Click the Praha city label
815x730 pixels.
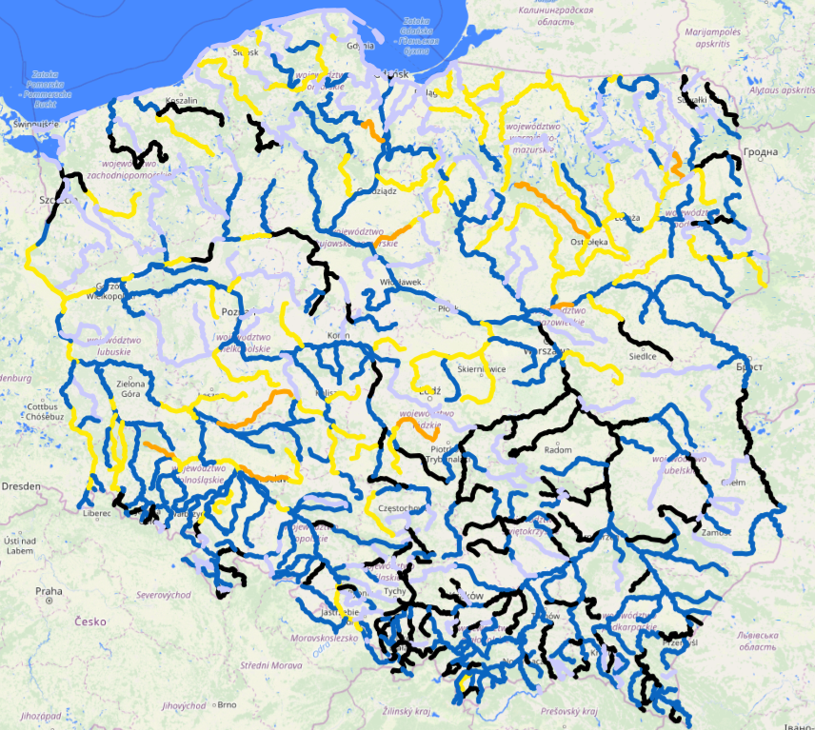click(x=49, y=591)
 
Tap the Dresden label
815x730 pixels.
click(x=21, y=486)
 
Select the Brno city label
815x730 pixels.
click(x=227, y=705)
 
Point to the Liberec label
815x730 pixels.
click(x=96, y=513)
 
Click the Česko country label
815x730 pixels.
click(x=93, y=621)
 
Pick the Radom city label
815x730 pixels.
click(x=558, y=449)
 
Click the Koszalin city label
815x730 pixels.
click(x=181, y=100)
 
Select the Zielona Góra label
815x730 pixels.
click(x=130, y=390)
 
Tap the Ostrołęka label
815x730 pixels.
click(x=588, y=242)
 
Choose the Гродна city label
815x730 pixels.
click(x=761, y=152)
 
